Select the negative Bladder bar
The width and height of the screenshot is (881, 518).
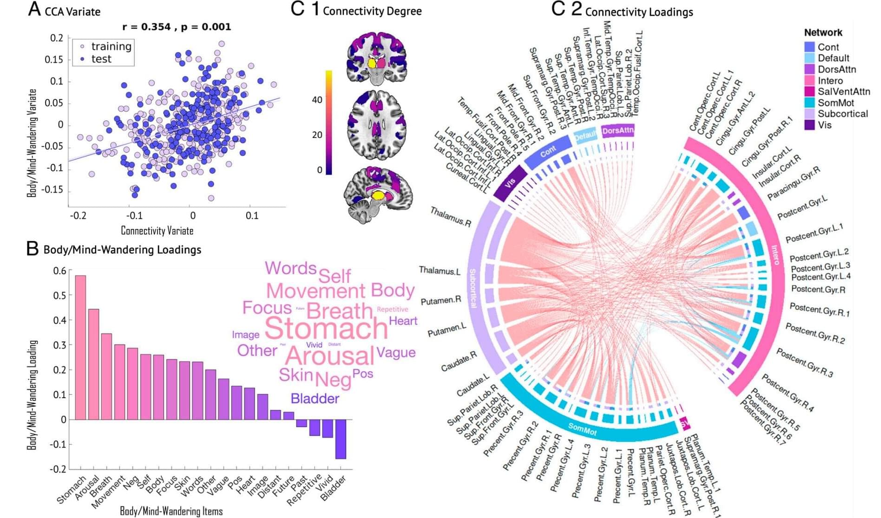(341, 439)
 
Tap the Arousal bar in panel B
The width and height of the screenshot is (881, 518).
(93, 364)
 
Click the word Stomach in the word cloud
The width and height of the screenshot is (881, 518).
(326, 329)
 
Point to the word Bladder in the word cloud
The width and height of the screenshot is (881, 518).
(315, 399)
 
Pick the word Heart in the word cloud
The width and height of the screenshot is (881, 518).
(403, 321)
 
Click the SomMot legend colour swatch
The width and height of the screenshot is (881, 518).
(809, 103)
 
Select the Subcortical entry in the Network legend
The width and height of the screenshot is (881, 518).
(842, 114)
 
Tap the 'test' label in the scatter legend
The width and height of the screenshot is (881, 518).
(101, 59)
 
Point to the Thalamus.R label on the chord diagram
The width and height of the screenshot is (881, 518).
(450, 217)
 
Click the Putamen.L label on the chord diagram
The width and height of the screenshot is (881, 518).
(447, 330)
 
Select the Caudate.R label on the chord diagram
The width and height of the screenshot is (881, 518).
(459, 362)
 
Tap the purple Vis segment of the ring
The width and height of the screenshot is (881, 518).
(510, 183)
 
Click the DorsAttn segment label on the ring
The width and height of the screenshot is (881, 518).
(618, 131)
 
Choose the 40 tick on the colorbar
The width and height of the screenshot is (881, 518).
(317, 100)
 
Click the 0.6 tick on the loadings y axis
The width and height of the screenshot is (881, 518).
(59, 271)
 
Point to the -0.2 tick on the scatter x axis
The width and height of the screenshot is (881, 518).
(78, 216)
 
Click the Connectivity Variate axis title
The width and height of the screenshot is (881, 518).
(157, 231)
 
